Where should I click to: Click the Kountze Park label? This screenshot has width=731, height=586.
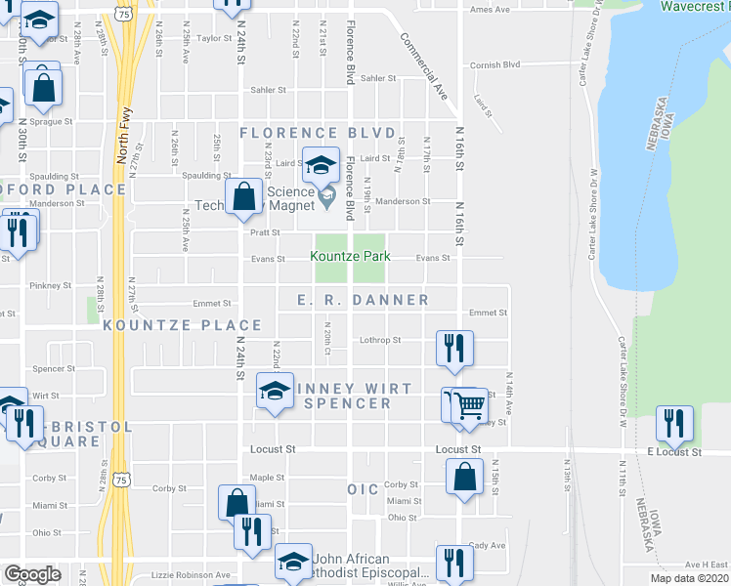pos(350,257)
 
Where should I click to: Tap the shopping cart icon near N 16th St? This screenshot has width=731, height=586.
pos(470,403)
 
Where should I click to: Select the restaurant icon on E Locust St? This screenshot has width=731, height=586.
pos(674,422)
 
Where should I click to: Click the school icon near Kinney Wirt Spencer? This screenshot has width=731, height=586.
pos(275,391)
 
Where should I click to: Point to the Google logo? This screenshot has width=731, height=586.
pos(32,574)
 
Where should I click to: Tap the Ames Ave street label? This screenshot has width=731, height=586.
pos(491,10)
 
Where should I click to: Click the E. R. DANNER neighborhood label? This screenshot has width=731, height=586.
pos(363,300)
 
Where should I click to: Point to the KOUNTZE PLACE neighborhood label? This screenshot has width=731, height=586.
pos(183,325)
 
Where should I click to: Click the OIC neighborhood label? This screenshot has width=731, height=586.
pos(362,487)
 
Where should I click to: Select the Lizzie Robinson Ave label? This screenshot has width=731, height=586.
pos(190,575)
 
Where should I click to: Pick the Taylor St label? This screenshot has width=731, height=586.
pos(212,39)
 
